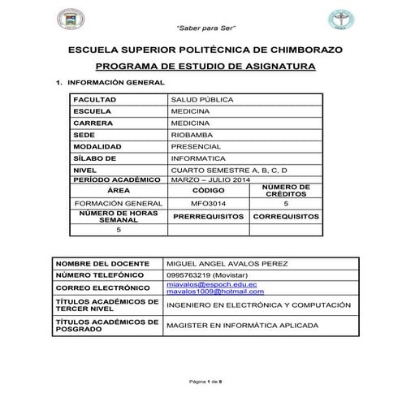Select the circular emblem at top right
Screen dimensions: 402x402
tap(338, 18)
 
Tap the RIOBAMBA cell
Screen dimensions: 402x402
tap(192, 135)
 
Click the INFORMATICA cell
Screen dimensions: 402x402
tap(198, 158)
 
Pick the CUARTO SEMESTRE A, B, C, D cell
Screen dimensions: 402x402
tap(229, 170)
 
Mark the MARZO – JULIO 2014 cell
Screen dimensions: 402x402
tap(210, 179)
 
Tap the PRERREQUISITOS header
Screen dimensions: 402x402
tap(208, 218)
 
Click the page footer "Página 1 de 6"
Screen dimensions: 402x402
tap(201, 382)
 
